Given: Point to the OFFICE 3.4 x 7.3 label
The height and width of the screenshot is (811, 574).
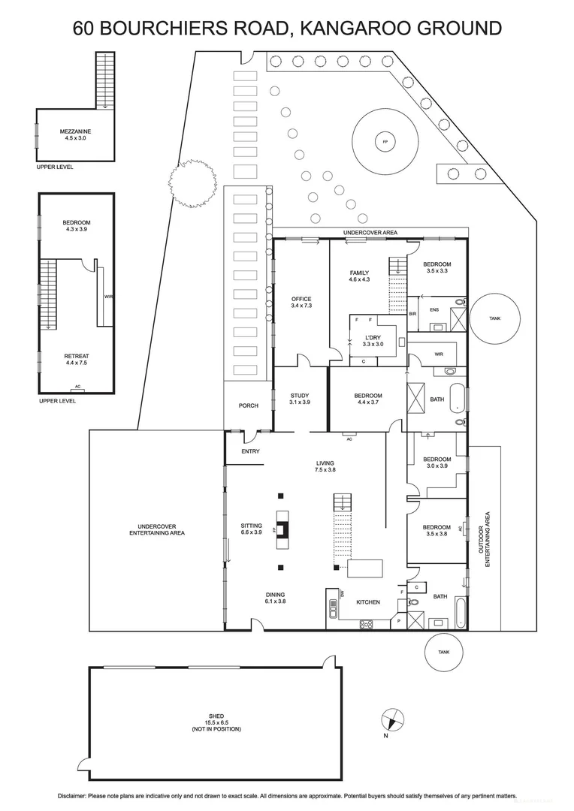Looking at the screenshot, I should pyautogui.click(x=301, y=303).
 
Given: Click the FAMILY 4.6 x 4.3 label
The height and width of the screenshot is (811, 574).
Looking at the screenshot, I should pyautogui.click(x=360, y=276).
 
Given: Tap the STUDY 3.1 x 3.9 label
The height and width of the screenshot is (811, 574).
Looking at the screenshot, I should pyautogui.click(x=300, y=399).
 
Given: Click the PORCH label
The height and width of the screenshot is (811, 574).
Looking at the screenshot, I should pyautogui.click(x=248, y=405).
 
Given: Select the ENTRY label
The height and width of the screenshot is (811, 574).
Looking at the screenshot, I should pyautogui.click(x=250, y=451).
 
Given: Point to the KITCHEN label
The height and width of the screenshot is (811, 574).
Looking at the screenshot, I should pyautogui.click(x=368, y=602).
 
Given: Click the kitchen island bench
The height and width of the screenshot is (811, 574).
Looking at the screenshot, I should pyautogui.click(x=364, y=567).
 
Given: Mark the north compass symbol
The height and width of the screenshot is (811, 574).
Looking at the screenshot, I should pyautogui.click(x=391, y=722).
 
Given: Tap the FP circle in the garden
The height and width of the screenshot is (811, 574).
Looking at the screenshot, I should pyautogui.click(x=385, y=142).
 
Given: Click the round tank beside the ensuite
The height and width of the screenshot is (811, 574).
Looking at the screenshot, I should pyautogui.click(x=494, y=318).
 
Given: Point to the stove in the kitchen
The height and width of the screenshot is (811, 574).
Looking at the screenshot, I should pyautogui.click(x=367, y=623).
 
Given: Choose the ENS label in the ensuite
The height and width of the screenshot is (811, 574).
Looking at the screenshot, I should pyautogui.click(x=434, y=309).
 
